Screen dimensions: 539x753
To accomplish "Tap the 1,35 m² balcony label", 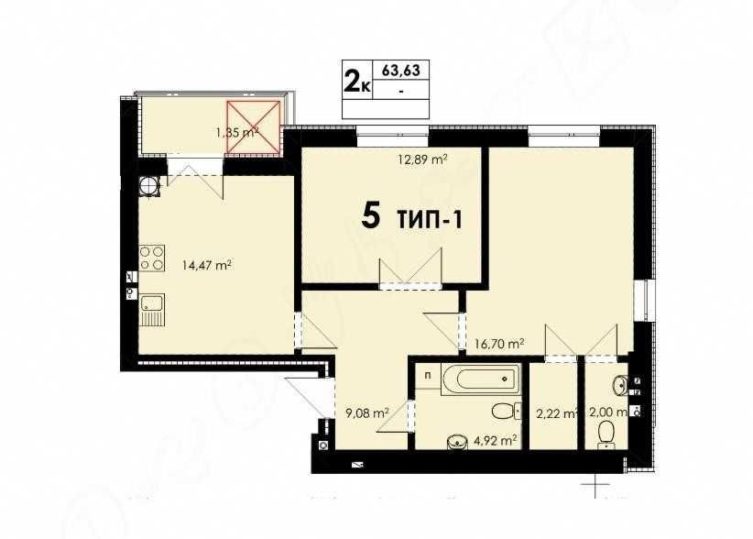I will (x=235, y=132).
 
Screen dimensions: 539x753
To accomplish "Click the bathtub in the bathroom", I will (x=481, y=379).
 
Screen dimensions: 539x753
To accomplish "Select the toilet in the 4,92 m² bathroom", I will (x=504, y=410).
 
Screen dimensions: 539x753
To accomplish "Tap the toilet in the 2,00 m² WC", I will (x=606, y=432).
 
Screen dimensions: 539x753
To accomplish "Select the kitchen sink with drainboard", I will (x=152, y=309).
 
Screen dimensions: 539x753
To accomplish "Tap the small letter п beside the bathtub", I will (x=427, y=374).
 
